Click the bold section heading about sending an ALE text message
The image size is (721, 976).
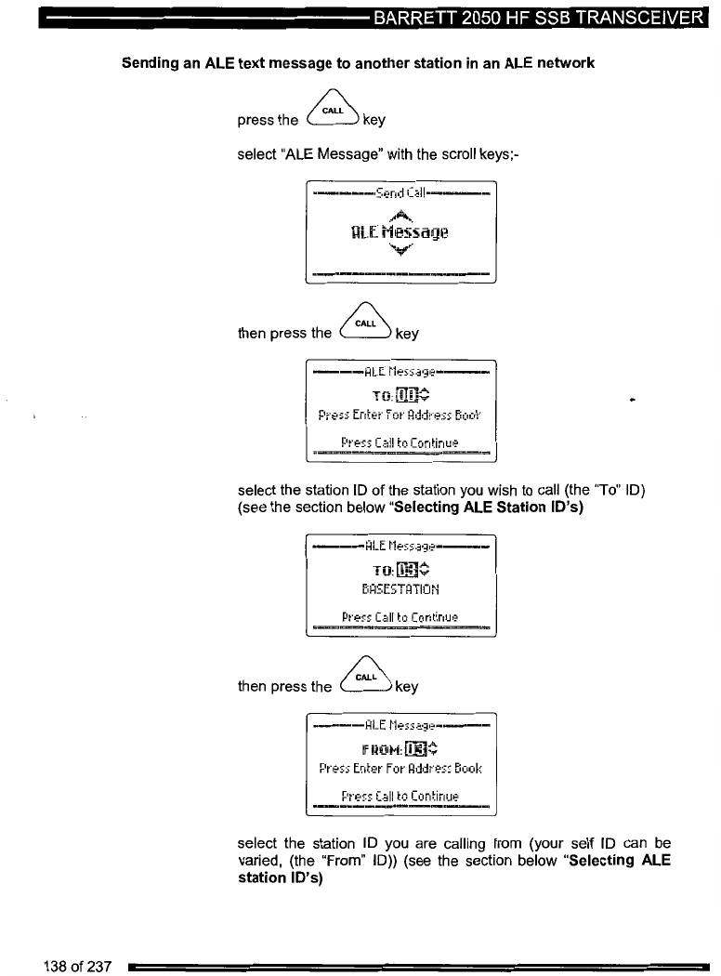(358, 63)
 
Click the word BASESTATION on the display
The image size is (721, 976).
(400, 588)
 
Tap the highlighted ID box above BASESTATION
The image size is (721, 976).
(409, 569)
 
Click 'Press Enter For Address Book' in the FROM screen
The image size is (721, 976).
(400, 770)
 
